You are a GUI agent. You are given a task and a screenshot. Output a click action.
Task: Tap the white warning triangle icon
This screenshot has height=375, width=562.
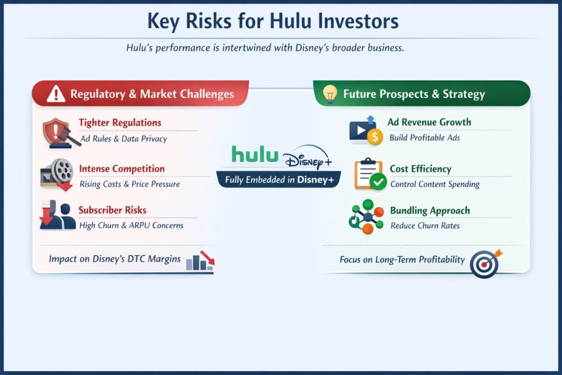click(x=56, y=94)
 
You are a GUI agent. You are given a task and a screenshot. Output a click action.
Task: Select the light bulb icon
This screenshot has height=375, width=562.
click(x=329, y=93)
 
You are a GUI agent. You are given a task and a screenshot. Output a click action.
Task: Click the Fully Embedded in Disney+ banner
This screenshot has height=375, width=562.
click(x=279, y=180)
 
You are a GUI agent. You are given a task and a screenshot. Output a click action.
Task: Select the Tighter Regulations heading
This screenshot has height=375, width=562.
click(x=120, y=123)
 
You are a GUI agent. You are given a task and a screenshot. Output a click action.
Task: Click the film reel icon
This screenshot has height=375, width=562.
click(x=58, y=173)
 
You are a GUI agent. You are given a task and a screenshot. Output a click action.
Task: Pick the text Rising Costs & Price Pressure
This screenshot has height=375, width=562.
click(x=130, y=184)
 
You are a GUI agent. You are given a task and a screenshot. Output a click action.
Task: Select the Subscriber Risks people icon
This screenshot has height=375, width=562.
click(x=58, y=215)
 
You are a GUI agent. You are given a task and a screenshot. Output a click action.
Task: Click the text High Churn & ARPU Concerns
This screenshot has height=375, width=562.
click(x=131, y=225)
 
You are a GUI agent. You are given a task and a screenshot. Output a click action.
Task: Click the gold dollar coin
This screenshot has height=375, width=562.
click(x=375, y=137)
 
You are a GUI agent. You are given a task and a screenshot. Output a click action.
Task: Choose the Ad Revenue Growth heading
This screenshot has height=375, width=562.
click(x=429, y=122)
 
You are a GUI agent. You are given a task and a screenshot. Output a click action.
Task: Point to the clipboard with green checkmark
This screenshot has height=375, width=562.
click(x=368, y=174)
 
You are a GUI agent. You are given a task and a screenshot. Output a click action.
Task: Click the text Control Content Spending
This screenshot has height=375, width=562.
click(x=435, y=184)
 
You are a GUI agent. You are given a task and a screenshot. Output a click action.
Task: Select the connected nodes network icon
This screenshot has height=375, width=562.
click(x=366, y=216)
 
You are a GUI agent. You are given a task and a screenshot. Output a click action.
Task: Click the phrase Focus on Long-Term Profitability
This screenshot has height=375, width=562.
click(x=402, y=260)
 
